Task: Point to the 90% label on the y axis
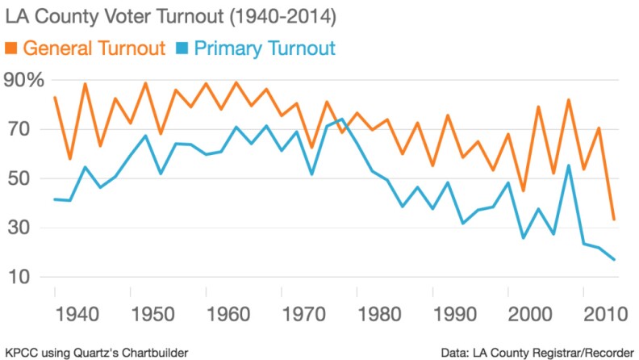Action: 23,80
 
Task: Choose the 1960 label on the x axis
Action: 217,312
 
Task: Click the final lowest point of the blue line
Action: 616,259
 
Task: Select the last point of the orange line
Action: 616,220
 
